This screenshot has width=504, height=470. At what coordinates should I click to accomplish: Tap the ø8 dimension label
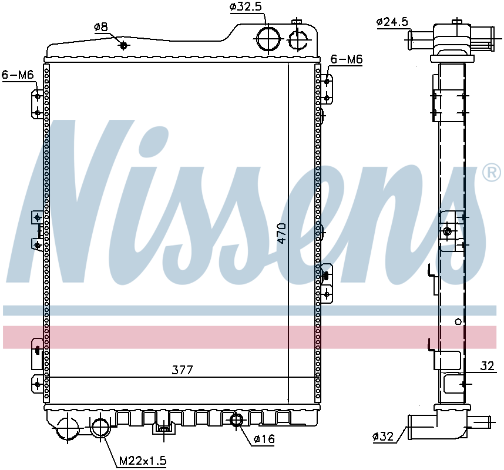[x=101, y=26]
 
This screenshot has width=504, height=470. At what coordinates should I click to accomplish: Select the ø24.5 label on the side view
[x=392, y=22]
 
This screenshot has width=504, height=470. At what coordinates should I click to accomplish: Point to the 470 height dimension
[x=281, y=233]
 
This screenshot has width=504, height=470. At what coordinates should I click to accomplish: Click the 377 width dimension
[x=182, y=370]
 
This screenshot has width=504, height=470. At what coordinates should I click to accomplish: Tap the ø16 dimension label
[x=264, y=439]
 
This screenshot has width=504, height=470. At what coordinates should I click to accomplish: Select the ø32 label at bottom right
[x=382, y=437]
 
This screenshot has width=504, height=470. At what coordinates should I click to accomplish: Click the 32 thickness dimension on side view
[x=487, y=366]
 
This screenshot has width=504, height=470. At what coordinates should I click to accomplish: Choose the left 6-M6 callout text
[x=17, y=74]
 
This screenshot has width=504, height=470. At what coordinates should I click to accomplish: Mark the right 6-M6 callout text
[x=347, y=59]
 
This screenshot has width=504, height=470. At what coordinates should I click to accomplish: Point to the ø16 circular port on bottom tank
[x=236, y=420]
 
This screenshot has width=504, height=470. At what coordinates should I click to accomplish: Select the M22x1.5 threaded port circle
[x=101, y=427]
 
